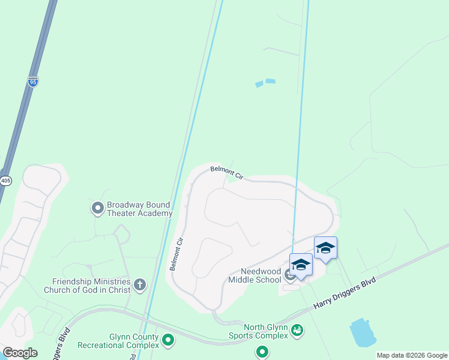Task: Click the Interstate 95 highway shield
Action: pos(33,82)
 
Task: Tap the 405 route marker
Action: pos(5,181)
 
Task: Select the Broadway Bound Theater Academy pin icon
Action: pos(97,208)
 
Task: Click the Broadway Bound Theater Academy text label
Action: pos(139,209)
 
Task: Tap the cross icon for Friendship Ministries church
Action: pos(140,284)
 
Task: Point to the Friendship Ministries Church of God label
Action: pos(91,286)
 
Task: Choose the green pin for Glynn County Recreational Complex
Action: pos(169,341)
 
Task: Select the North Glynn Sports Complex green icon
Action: pos(297,329)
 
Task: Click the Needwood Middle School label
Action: pos(255,275)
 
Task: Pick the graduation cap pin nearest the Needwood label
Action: pos(300,265)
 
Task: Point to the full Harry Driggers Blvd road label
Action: pos(345,293)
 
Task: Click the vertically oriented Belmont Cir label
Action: pos(176,253)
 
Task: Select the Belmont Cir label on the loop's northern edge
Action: pos(227,173)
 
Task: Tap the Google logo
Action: pos(20,352)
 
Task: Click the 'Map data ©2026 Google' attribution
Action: pos(412,355)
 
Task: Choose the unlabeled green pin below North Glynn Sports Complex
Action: pos(262,352)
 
